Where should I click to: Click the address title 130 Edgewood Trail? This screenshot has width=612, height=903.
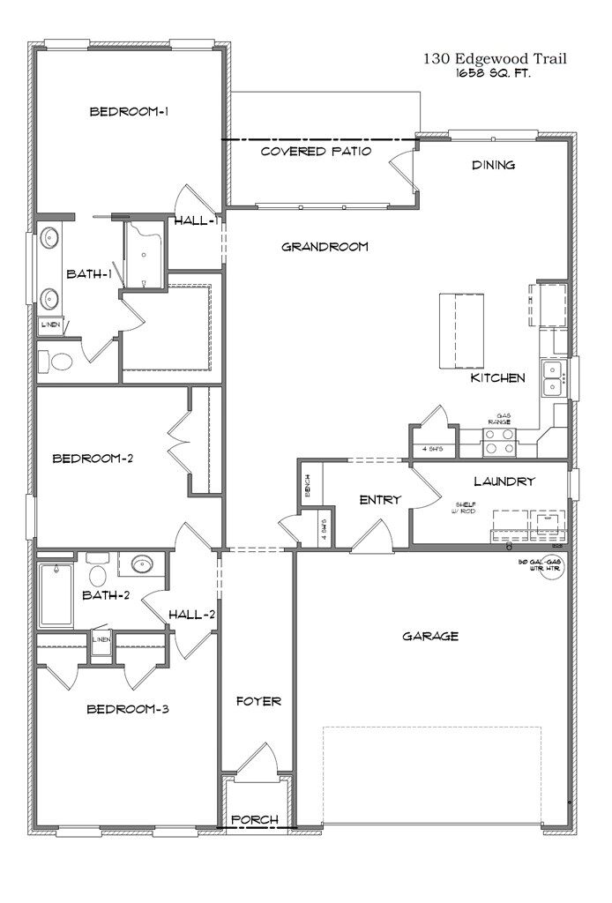click(x=494, y=59)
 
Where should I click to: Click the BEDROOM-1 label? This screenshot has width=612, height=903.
click(x=130, y=112)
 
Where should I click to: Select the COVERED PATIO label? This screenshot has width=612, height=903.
click(x=316, y=152)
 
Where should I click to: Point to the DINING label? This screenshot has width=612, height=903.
click(x=493, y=165)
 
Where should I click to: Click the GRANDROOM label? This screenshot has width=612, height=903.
click(x=325, y=247)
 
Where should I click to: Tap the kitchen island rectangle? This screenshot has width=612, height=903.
click(x=461, y=331)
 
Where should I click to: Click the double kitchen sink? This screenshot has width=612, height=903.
click(x=554, y=378)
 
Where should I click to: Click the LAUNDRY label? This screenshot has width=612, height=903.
click(x=504, y=481)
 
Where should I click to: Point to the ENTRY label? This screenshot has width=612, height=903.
click(x=380, y=500)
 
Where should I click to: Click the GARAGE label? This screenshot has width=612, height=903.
click(x=430, y=636)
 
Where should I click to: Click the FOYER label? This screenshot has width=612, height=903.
click(x=258, y=702)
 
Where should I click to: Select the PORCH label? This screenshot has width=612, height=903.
click(x=255, y=820)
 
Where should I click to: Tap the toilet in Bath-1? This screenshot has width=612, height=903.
click(x=61, y=362)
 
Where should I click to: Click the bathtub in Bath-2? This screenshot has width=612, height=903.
click(x=56, y=593)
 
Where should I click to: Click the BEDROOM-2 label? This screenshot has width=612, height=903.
click(x=93, y=459)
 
